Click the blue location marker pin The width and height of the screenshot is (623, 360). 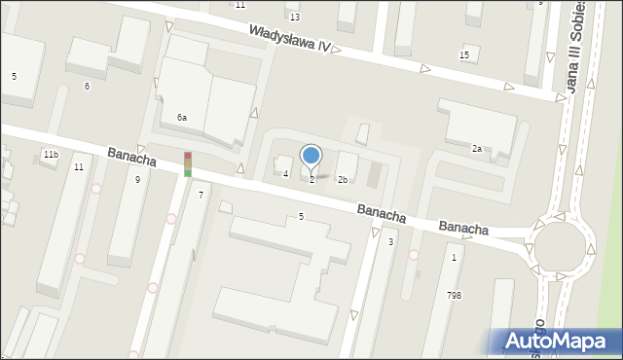pos(311,156)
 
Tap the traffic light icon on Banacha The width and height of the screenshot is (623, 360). pos(188,163)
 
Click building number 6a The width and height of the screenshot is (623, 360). pos(181,118)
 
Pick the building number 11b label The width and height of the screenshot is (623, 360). pos(51,155)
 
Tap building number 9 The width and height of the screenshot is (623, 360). pos(137,180)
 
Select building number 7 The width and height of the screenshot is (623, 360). pos(201,196)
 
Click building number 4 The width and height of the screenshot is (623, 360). pos(285,174)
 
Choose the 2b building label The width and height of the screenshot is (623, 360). pos(343,180)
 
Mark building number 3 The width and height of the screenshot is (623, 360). pos(390,241)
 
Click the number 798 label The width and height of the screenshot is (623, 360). pos(454,295)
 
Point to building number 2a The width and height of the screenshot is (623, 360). pos(477,149)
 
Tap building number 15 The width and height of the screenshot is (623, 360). pos(464,55)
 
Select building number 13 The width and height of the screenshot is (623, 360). pos(294,18)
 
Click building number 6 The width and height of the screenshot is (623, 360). pos(87,87)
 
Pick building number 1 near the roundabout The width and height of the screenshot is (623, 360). pos(454,258)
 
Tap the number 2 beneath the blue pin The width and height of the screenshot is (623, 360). pos(311,180)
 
